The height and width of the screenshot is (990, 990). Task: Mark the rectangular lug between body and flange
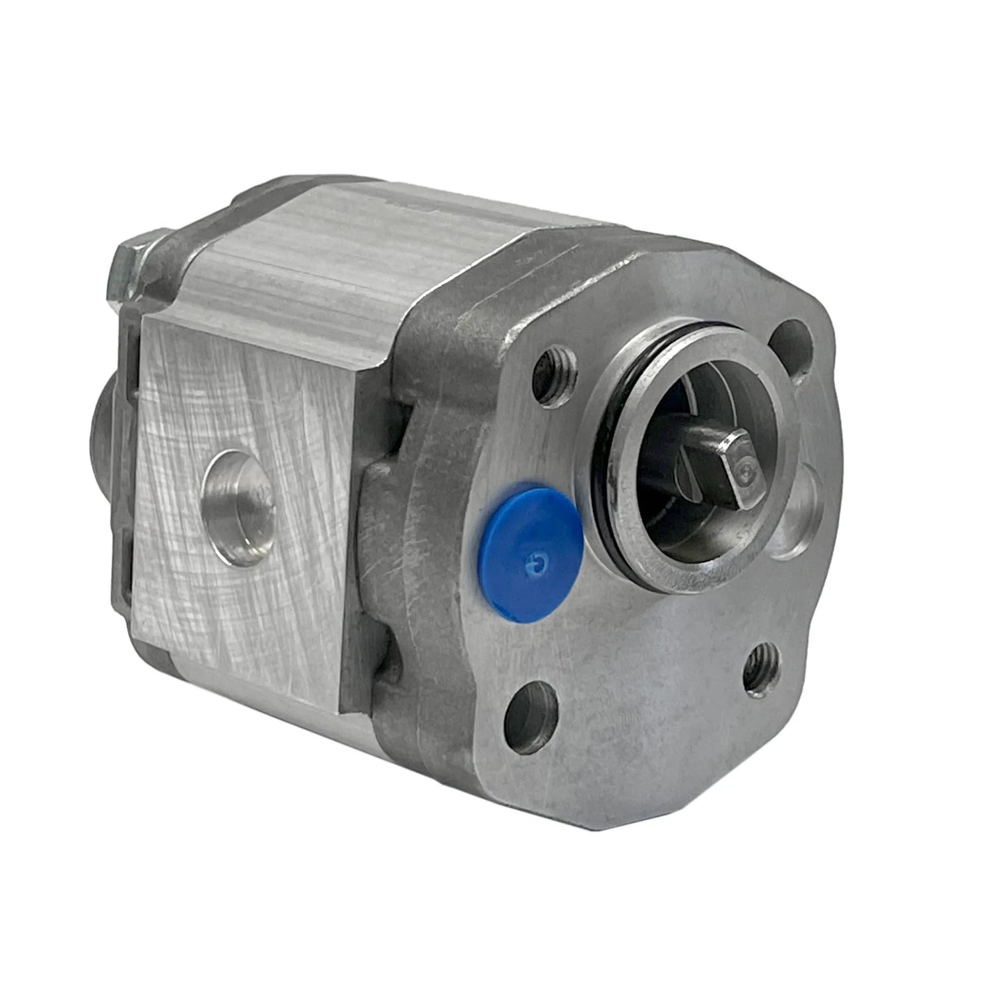(383, 521)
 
